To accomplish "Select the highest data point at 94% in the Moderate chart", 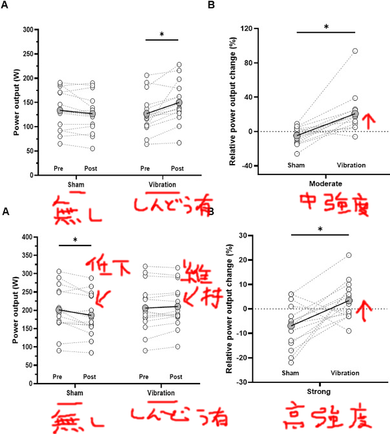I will [x=355, y=50].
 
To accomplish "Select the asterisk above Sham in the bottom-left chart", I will [x=75, y=240].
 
